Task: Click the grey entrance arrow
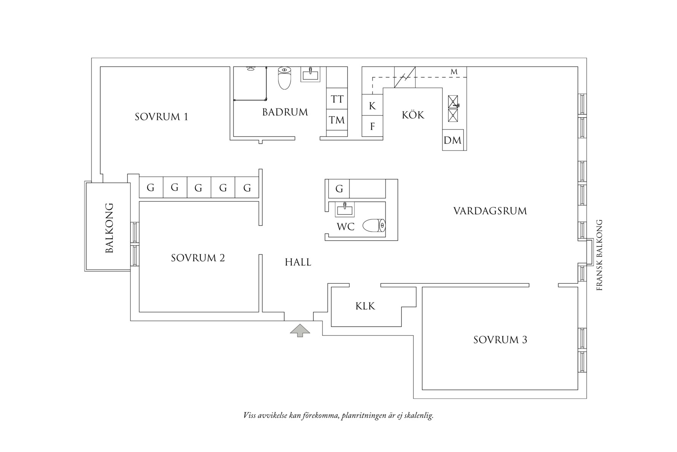300,330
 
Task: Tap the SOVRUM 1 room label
161,117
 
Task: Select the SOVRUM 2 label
198,258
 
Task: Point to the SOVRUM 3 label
500,340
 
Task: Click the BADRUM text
285,112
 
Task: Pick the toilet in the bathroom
284,78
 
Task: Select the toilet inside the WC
374,225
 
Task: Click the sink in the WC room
345,209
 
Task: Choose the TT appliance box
337,99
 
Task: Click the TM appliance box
337,120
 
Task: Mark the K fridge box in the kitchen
372,105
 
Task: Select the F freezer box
372,126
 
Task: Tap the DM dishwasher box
453,140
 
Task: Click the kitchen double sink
453,109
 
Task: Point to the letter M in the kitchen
454,72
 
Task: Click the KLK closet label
365,306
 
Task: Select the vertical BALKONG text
109,228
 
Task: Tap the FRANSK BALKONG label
599,255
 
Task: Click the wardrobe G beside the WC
339,188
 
